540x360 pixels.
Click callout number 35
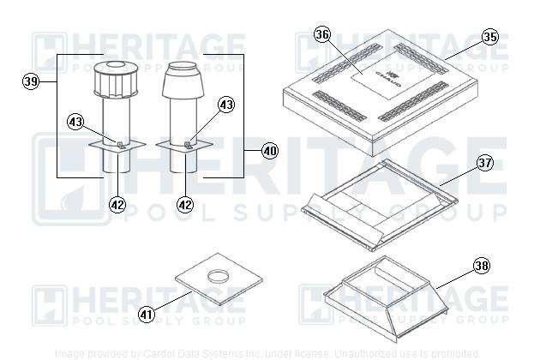(x=489, y=37)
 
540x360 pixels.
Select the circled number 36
(x=321, y=35)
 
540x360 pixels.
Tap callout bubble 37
(x=486, y=163)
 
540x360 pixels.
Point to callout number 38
(x=482, y=266)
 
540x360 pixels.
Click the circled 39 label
(x=32, y=82)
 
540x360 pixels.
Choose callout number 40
(x=269, y=151)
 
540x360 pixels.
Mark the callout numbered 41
(x=147, y=315)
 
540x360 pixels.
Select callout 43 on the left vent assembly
(x=76, y=122)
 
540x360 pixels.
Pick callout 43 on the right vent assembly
(x=225, y=105)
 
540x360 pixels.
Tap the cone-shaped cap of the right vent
(x=184, y=81)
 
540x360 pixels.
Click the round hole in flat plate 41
(x=219, y=276)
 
